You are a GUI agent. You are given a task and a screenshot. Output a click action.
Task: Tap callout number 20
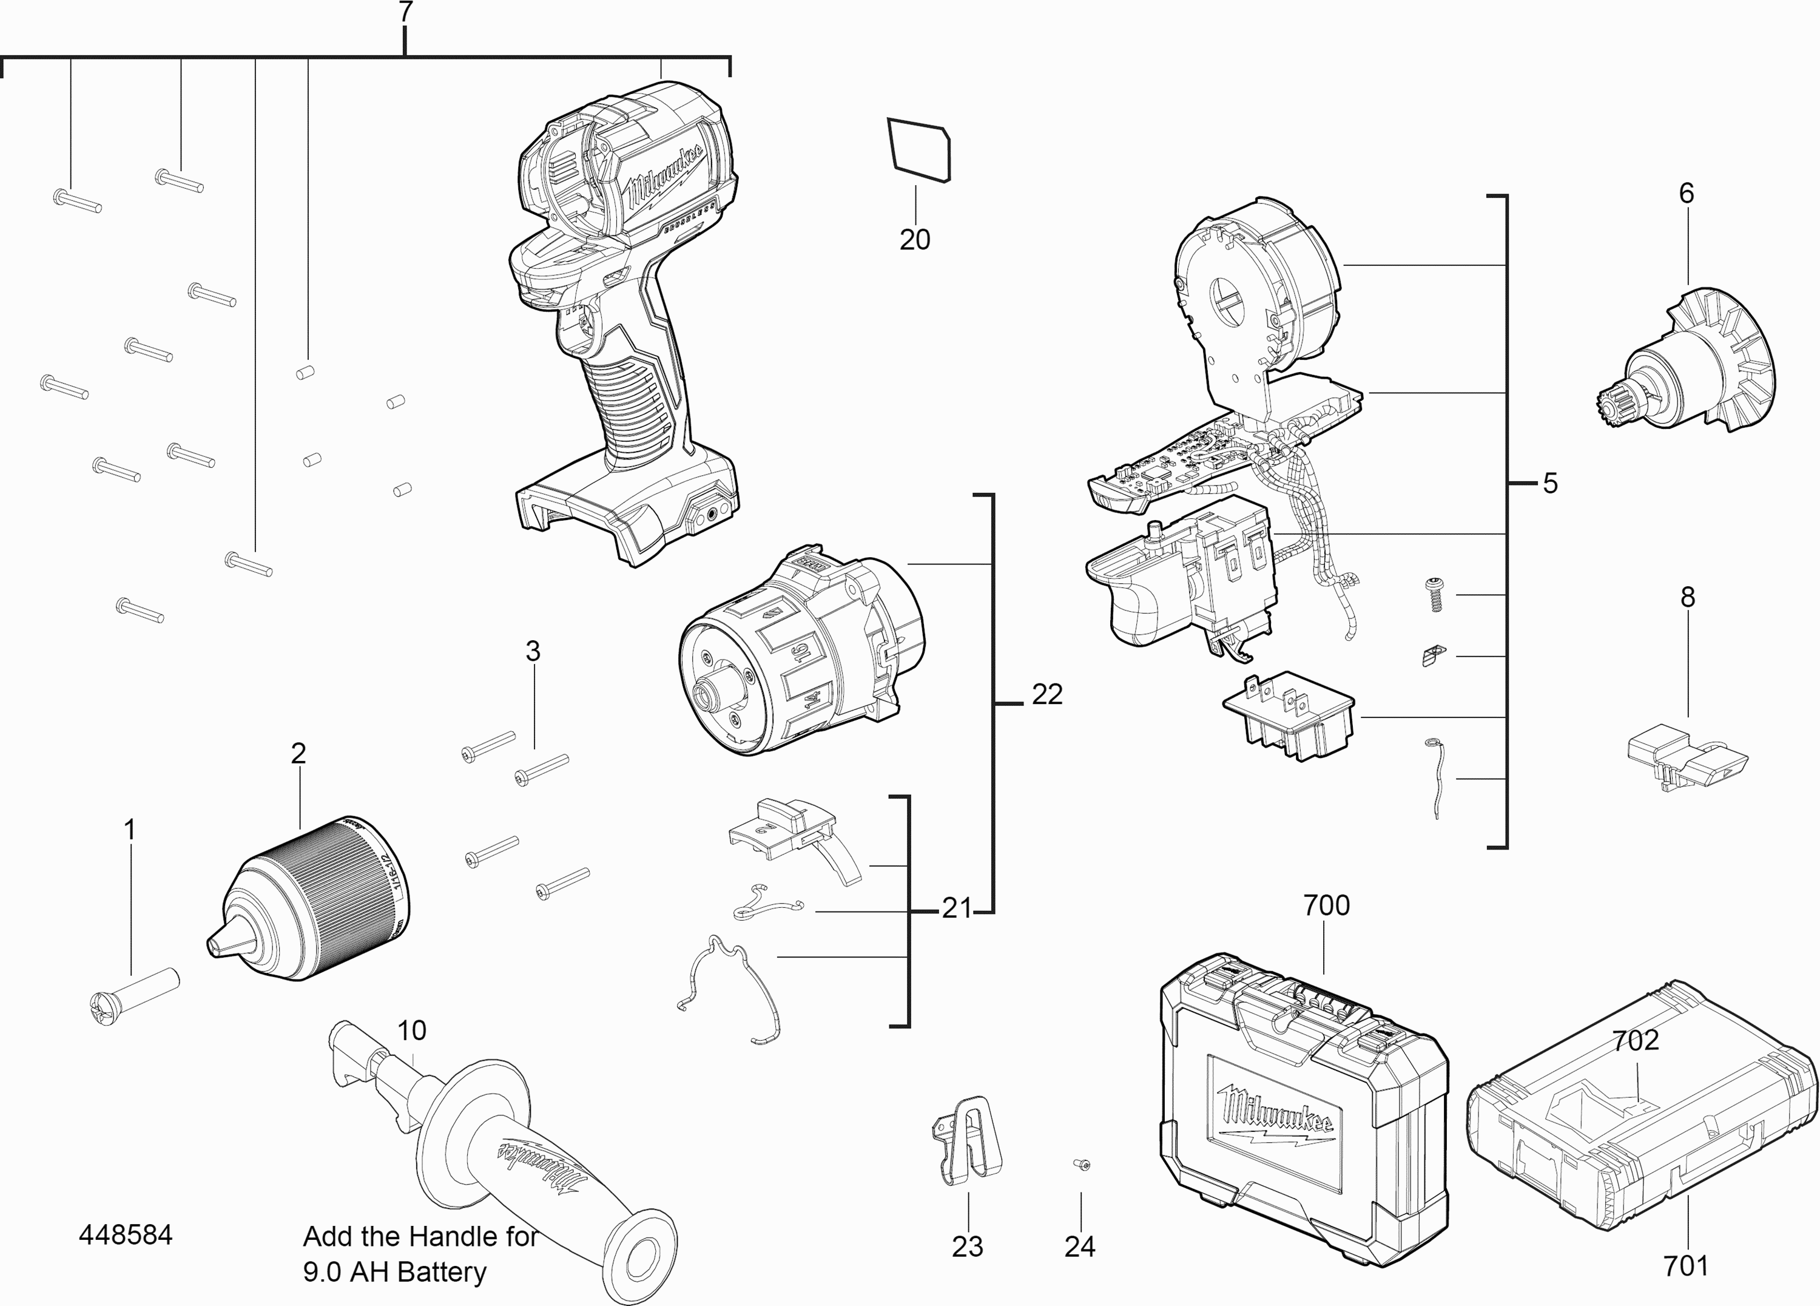(914, 239)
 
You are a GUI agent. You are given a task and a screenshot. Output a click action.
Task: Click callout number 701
(1685, 1266)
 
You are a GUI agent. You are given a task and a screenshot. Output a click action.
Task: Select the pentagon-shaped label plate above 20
(920, 149)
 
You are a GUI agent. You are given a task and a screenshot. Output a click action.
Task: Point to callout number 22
(1046, 694)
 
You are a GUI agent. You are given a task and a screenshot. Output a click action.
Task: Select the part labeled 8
(1685, 759)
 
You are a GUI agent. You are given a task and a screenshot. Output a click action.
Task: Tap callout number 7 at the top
(405, 12)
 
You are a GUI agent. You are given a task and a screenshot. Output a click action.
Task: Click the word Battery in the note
(442, 1272)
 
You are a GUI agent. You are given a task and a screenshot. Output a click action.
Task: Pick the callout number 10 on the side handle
(412, 1030)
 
